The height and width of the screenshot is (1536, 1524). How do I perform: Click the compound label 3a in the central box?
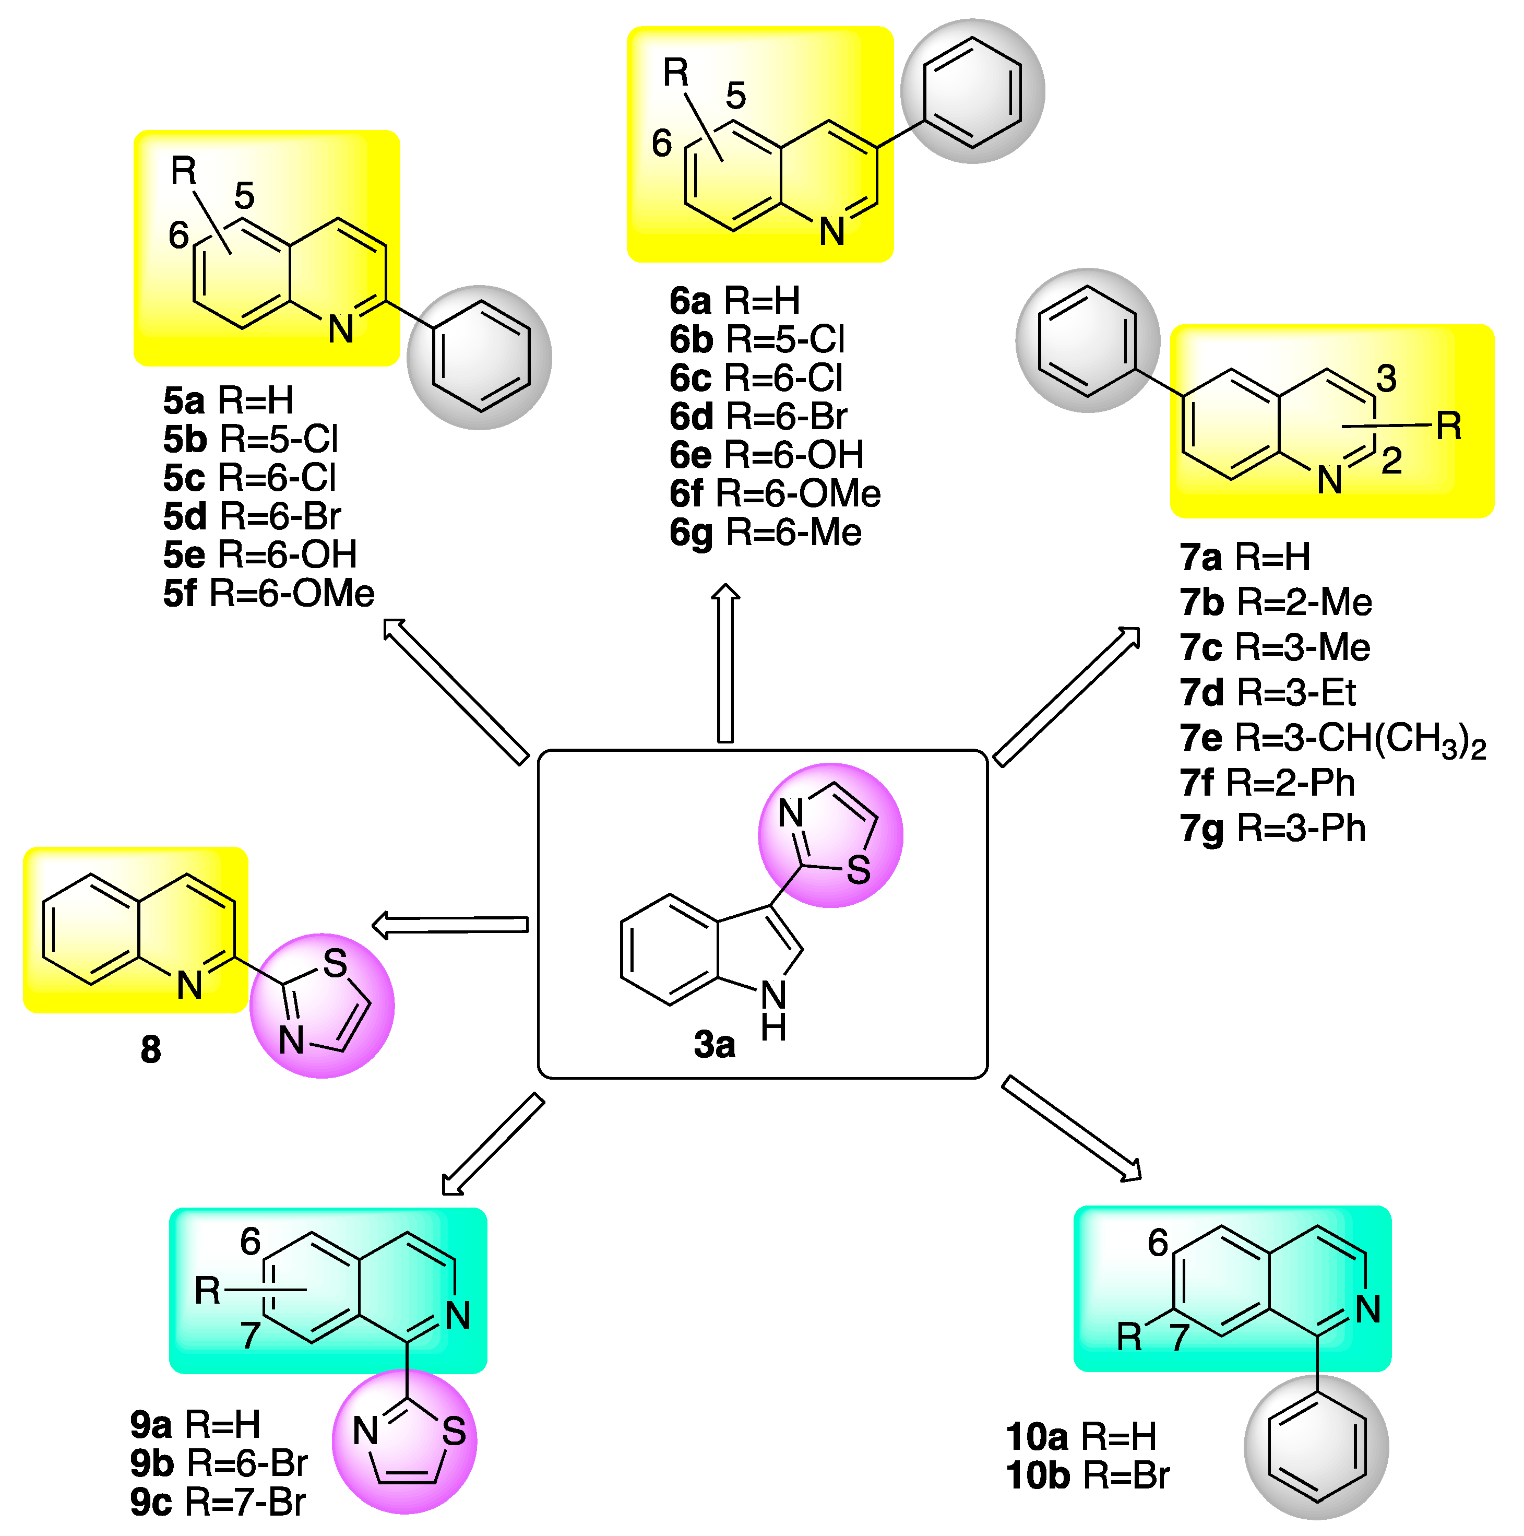point(713,1045)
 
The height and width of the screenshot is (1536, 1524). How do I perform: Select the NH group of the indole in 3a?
point(773,1010)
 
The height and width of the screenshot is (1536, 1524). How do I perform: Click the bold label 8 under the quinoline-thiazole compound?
point(150,1049)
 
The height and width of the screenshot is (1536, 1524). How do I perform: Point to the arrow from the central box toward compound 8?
point(450,925)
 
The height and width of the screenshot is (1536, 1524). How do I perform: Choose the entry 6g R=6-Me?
point(765,532)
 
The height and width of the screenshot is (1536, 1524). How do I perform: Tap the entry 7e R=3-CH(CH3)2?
point(1332,739)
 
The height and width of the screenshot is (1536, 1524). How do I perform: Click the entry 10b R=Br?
point(1087,1475)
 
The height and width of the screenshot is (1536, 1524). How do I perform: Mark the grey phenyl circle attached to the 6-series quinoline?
point(972,91)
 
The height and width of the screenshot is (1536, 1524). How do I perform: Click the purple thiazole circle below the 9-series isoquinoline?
point(404,1440)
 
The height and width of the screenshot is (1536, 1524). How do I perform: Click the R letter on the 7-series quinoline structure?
point(1448,427)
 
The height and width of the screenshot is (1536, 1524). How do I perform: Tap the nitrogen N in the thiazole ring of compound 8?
point(292,1039)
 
